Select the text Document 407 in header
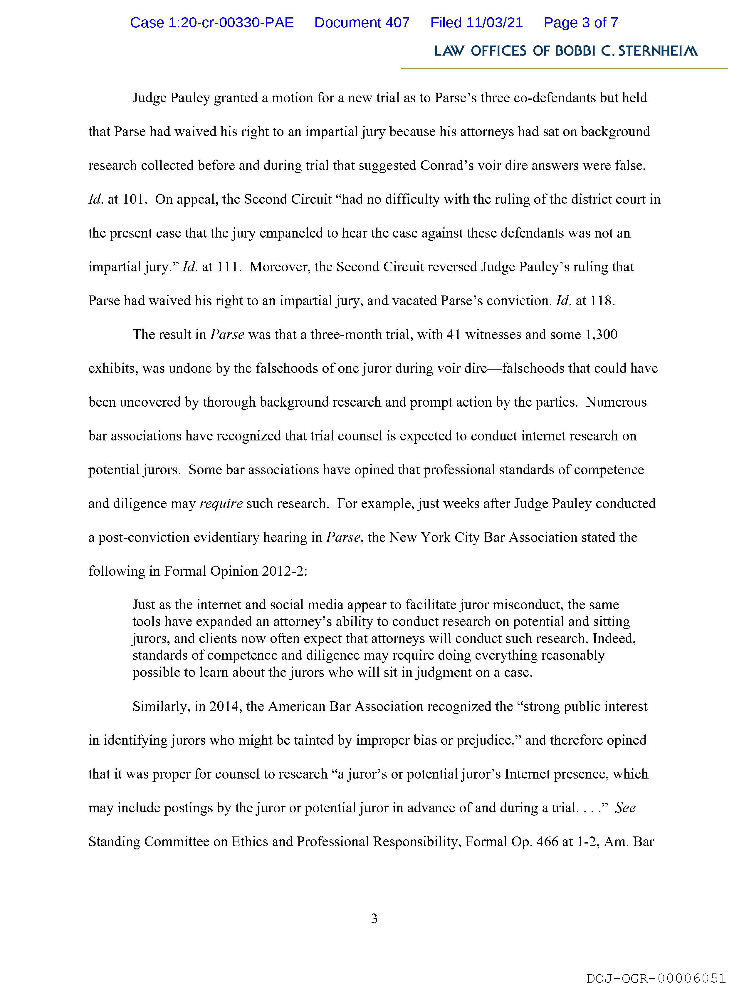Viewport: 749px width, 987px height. coord(362,23)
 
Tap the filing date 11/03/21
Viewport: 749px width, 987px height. coord(495,23)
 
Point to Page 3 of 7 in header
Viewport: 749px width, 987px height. coord(580,23)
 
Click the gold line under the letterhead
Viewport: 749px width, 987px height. coord(564,68)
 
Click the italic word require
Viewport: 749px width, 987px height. coord(221,503)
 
